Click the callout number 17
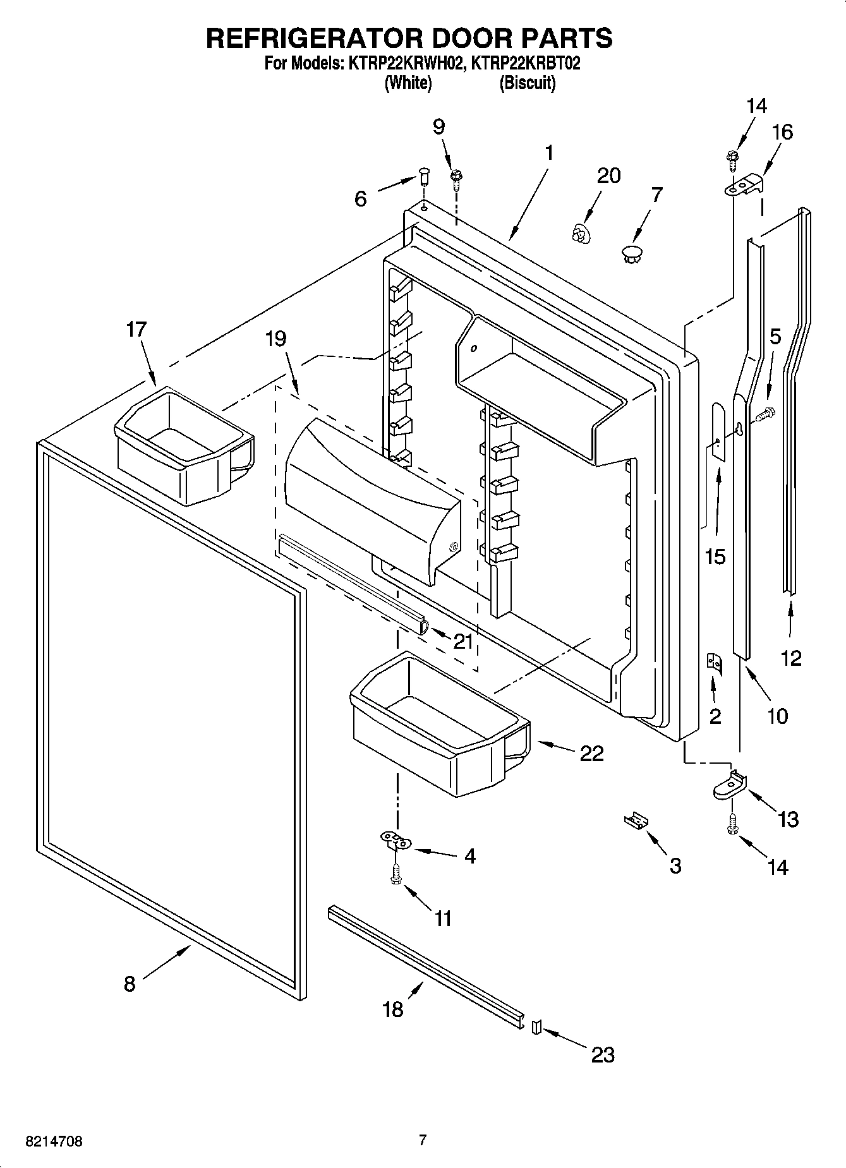point(136,329)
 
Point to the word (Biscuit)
point(527,83)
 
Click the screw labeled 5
point(765,414)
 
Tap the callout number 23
point(602,1054)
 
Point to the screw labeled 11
point(396,876)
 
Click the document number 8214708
point(54,1141)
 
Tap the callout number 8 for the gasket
point(129,984)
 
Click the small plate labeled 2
point(714,663)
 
